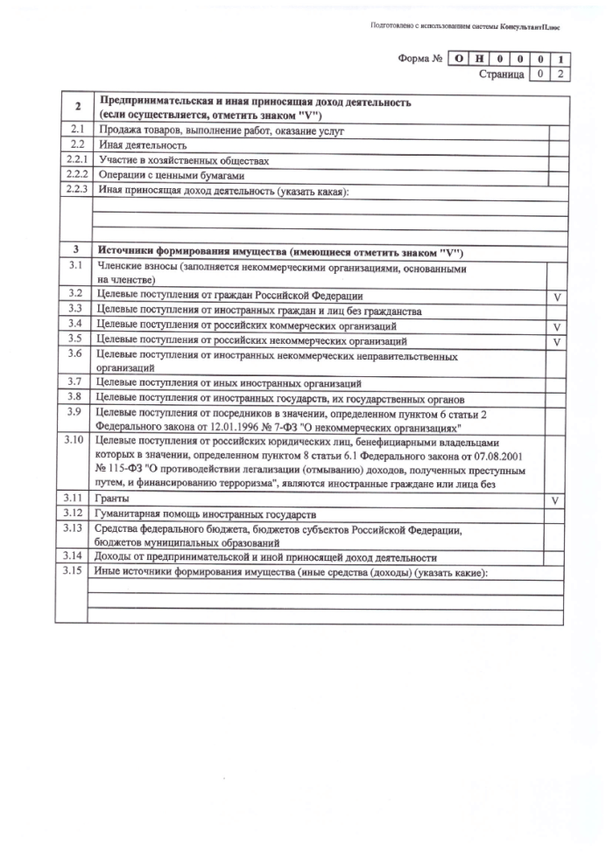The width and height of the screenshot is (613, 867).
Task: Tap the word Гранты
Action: [111, 499]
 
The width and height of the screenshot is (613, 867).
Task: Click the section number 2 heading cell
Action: [77, 107]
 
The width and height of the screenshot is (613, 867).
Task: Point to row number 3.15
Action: [73, 571]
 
